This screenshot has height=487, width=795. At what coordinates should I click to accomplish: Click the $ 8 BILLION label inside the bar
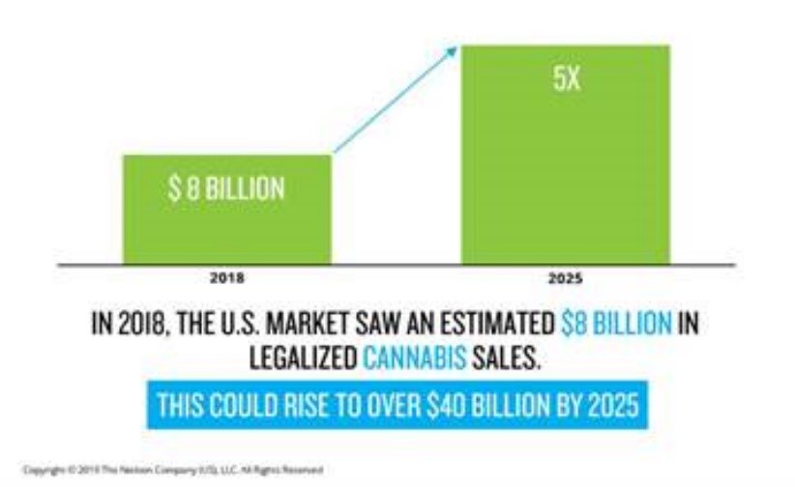[227, 187]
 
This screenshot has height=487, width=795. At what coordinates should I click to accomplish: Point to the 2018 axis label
[226, 277]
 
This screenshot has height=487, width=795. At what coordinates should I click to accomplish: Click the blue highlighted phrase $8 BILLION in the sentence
[615, 322]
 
